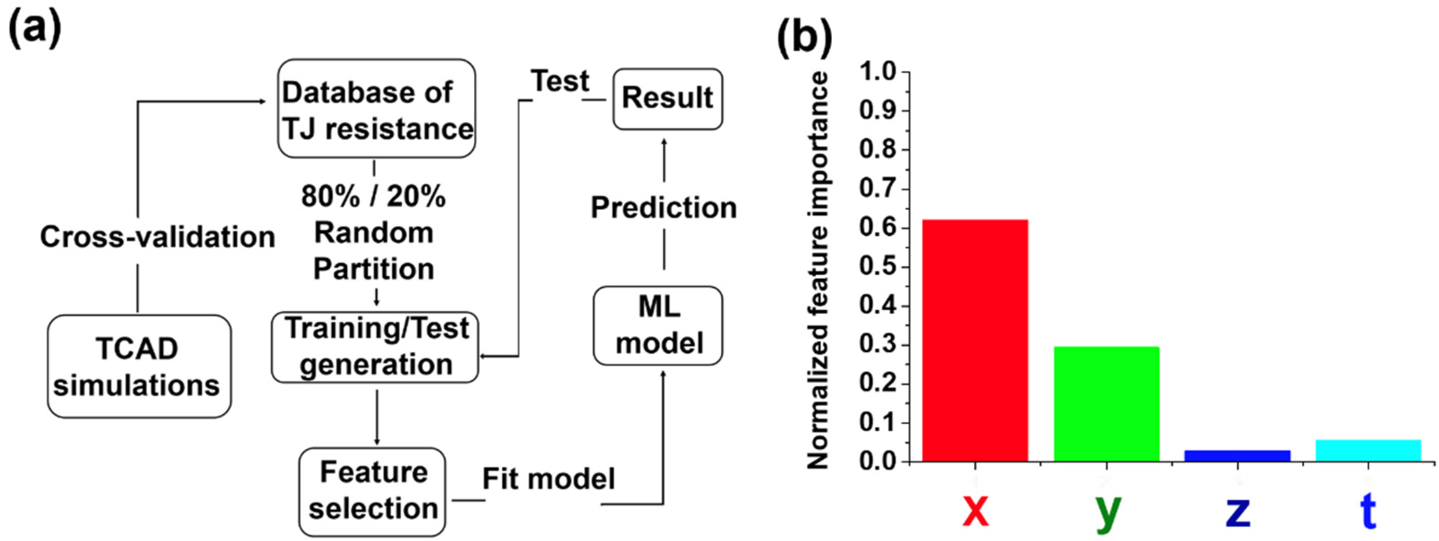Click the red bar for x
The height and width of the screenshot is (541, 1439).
click(x=975, y=341)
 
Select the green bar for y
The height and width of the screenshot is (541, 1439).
click(x=1106, y=404)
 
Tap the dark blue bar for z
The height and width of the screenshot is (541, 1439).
click(x=1237, y=456)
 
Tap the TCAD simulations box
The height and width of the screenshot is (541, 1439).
click(x=139, y=366)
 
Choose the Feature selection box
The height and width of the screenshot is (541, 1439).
click(x=372, y=491)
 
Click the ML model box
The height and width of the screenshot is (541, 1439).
click(x=658, y=325)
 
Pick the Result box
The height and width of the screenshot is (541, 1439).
click(x=667, y=99)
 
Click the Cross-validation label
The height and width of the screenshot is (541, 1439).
click(x=157, y=237)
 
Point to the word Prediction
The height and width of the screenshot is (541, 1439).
click(x=664, y=208)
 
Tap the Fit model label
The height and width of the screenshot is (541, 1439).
click(x=548, y=479)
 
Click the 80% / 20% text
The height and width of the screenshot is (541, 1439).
click(x=374, y=196)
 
